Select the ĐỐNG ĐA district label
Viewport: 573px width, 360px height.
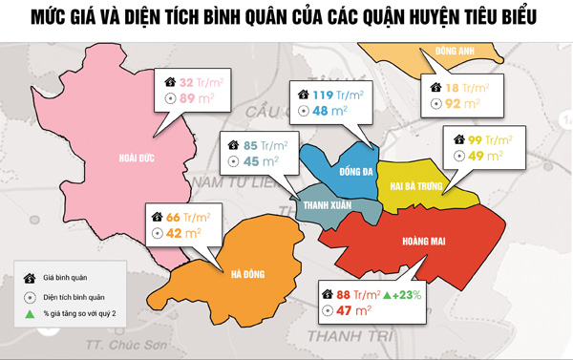(330, 173)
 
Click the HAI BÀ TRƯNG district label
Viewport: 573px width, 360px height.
(416, 187)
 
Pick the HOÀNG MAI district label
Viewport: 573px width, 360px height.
(423, 242)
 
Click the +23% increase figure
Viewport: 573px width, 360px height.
(406, 294)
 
